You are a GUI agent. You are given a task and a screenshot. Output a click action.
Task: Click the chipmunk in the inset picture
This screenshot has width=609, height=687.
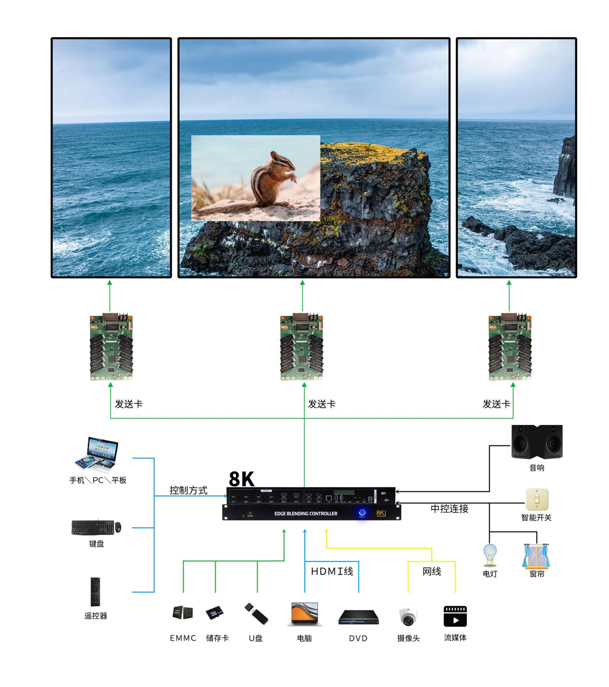pos(269,183)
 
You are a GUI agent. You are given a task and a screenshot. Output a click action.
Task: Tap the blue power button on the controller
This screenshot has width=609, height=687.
pos(362,513)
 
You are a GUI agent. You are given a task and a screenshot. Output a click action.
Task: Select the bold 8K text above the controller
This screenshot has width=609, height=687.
pos(242,479)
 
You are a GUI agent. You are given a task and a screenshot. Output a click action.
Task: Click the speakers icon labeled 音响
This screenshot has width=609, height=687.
pos(537,441)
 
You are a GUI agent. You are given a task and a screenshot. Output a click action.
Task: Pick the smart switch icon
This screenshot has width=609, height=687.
pos(537,500)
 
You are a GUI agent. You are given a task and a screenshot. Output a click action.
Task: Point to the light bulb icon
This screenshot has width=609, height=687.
pos(490,555)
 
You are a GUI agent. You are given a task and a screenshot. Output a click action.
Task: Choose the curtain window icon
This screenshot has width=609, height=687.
pos(536,555)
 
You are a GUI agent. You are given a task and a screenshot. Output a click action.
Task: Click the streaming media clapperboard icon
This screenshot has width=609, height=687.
pos(455,616)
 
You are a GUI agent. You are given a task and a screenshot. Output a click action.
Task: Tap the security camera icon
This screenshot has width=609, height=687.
pos(408,617)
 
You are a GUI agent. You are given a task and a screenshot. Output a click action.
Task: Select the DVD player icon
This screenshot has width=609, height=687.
pos(358,617)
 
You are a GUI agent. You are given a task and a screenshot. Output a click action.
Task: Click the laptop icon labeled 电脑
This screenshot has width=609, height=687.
pos(304,614)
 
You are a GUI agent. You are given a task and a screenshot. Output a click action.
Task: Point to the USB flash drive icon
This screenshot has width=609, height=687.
pos(256,614)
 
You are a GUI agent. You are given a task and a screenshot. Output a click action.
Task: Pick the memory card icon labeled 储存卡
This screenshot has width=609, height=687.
pos(215,613)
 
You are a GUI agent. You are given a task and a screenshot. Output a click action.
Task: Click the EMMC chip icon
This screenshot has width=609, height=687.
pos(183,613)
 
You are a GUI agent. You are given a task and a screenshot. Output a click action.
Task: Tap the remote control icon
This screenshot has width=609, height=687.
pos(95,592)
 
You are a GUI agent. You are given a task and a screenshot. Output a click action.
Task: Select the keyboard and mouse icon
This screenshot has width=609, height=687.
pos(96,528)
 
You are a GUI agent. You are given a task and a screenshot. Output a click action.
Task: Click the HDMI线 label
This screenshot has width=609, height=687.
pos(332,571)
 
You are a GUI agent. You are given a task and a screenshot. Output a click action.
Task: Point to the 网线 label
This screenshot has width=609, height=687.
pos(432,571)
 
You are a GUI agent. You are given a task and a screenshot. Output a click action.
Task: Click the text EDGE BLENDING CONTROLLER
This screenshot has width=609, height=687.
pos(306,513)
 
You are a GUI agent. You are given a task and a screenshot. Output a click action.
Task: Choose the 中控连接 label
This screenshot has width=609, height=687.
pos(449,508)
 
